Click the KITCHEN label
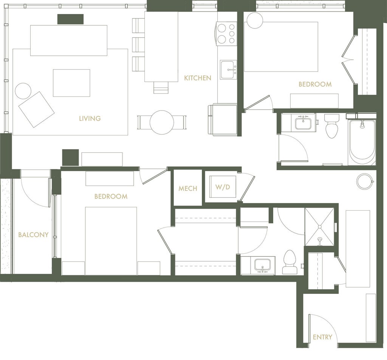(x=197, y=78)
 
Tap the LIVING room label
(x=90, y=118)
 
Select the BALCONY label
(x=33, y=234)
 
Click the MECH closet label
(x=188, y=188)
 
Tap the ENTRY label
(x=322, y=337)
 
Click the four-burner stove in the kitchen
(x=227, y=34)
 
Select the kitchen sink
(x=228, y=70)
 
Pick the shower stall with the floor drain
(x=320, y=227)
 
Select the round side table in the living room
(x=23, y=91)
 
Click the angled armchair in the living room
(x=36, y=109)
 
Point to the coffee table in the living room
(x=71, y=83)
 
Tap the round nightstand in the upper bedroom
(x=255, y=20)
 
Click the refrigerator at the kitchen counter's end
(x=223, y=119)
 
